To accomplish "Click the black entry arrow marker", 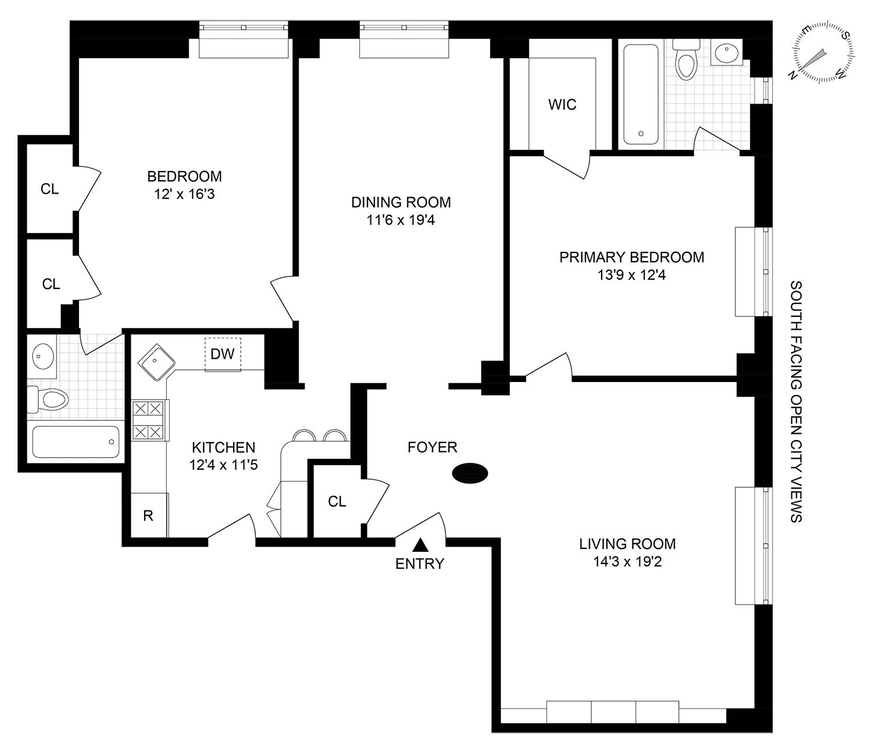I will (x=420, y=545).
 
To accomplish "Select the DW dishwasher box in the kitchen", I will (x=222, y=354).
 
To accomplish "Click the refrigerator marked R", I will (x=149, y=515).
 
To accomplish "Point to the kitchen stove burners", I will (x=148, y=420).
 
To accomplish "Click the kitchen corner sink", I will (x=156, y=362).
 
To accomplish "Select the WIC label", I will (x=562, y=105).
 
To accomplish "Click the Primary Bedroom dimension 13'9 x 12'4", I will (x=631, y=274).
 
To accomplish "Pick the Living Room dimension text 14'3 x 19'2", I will (x=627, y=562).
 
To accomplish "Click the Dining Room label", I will (x=401, y=202).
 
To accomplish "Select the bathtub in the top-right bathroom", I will (x=641, y=95).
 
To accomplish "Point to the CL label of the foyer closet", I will (x=337, y=501).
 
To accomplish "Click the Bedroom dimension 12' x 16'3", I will (x=184, y=194).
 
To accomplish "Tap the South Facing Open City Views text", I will (x=796, y=401).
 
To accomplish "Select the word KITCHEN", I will (x=223, y=447).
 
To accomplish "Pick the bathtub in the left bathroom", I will (x=76, y=442).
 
